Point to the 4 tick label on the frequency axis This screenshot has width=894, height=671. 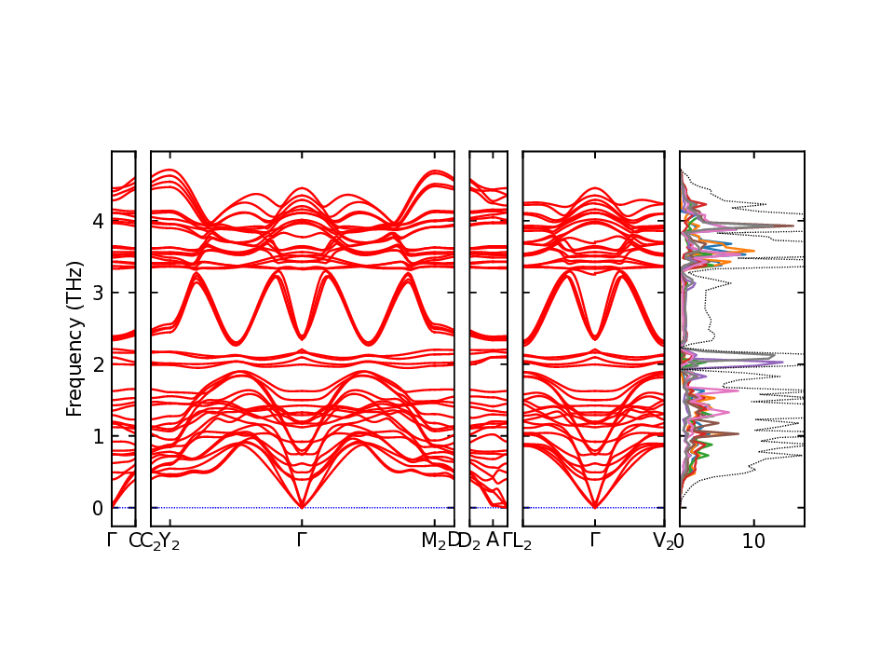pos(97,221)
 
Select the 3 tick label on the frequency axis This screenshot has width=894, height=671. pos(97,293)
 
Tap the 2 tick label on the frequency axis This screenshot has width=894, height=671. pos(97,364)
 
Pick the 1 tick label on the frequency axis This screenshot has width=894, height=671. pos(97,436)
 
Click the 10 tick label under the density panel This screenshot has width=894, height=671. pos(754,541)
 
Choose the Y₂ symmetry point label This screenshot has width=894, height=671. pos(169,541)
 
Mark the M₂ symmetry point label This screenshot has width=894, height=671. pos(434,541)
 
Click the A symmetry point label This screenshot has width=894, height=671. pos(492,540)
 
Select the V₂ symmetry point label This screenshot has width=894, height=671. pos(663,541)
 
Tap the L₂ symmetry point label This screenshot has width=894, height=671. pos(522,541)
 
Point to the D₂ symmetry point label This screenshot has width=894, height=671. pos(468,541)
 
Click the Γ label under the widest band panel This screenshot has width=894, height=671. pos(302,540)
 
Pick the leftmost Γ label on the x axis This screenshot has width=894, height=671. pos(112,540)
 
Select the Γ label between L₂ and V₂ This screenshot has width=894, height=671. pos(595,540)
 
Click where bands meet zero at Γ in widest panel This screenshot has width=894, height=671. pos(302,507)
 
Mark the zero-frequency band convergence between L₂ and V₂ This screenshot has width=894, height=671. pos(595,507)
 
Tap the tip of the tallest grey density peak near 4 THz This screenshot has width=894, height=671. pos(793,226)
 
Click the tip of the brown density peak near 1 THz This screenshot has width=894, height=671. pos(738,433)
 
